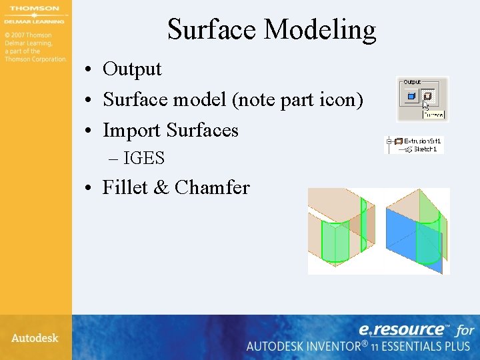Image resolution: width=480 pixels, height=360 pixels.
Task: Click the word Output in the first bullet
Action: point(132,69)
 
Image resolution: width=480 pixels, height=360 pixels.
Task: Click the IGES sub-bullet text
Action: point(144,159)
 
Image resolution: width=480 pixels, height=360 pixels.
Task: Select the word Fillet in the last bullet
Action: point(125,188)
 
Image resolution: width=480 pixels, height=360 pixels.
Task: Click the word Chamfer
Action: point(212,188)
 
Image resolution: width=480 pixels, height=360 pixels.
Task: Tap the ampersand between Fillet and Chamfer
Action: point(161,188)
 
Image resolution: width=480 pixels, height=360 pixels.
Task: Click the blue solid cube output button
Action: point(411,97)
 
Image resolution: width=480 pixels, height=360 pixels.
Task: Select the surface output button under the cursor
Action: point(427,97)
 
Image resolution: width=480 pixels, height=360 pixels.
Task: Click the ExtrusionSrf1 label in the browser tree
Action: point(422,141)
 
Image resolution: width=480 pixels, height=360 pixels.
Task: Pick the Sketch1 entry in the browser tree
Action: point(424,149)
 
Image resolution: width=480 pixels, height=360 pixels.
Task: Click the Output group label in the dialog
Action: point(412,82)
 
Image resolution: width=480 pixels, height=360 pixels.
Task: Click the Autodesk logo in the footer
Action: point(35,338)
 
